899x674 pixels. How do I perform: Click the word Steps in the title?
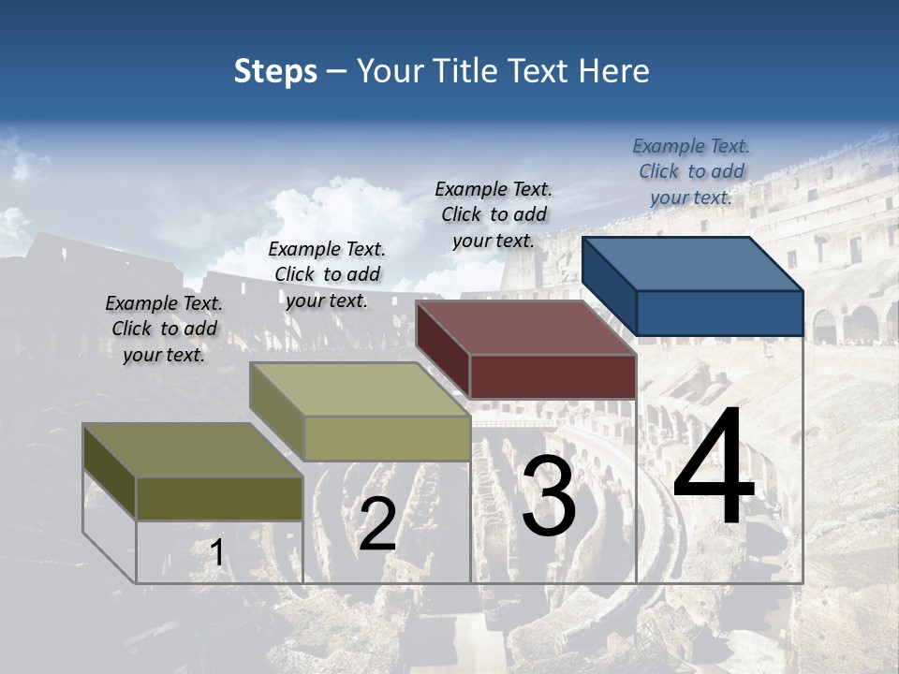point(275,71)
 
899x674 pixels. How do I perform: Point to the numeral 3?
point(549,496)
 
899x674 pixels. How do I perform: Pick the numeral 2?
point(377,524)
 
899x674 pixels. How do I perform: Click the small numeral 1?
point(216,553)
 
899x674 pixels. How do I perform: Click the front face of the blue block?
point(719,313)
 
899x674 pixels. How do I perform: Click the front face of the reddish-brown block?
point(553,376)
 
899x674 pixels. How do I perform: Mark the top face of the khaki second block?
point(360,388)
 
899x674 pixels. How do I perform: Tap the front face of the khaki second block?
point(387,438)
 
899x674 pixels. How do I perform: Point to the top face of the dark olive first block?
point(193,449)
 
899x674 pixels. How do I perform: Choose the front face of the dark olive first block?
point(219,498)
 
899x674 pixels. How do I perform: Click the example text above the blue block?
point(691,172)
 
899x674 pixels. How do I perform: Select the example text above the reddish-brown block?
point(494,215)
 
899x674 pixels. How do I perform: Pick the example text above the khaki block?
point(327,275)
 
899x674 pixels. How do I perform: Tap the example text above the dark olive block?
point(164,330)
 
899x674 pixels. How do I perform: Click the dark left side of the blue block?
point(609,286)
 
